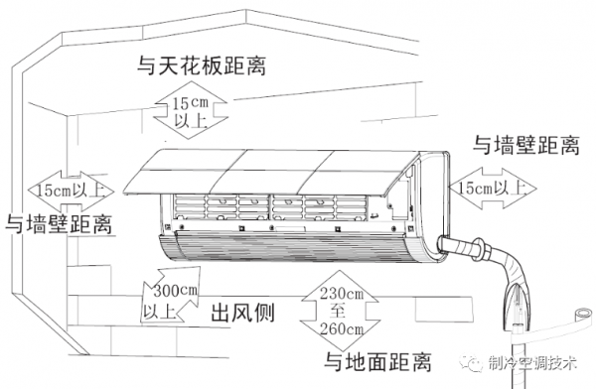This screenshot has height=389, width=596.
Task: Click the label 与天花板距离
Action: pos(202,65)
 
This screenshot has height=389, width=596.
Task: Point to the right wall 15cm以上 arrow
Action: pos(493,188)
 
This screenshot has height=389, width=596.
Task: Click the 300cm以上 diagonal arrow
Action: pos(171,295)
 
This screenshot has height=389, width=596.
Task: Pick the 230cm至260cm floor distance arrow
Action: pos(341,311)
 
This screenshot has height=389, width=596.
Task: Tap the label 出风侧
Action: pos(242,313)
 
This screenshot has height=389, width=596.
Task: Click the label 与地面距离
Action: pos(377,361)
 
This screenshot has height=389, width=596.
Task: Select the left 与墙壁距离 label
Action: pos(59,223)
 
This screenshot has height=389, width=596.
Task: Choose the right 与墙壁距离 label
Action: pos(526,145)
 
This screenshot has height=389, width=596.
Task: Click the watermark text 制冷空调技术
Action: pos(532,363)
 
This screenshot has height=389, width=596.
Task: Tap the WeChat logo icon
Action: pos(471,363)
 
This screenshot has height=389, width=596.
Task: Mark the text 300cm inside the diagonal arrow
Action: pos(176,291)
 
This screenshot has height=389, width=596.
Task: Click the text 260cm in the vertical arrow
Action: pos(342,328)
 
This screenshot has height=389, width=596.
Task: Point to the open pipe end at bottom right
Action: pos(582,315)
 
